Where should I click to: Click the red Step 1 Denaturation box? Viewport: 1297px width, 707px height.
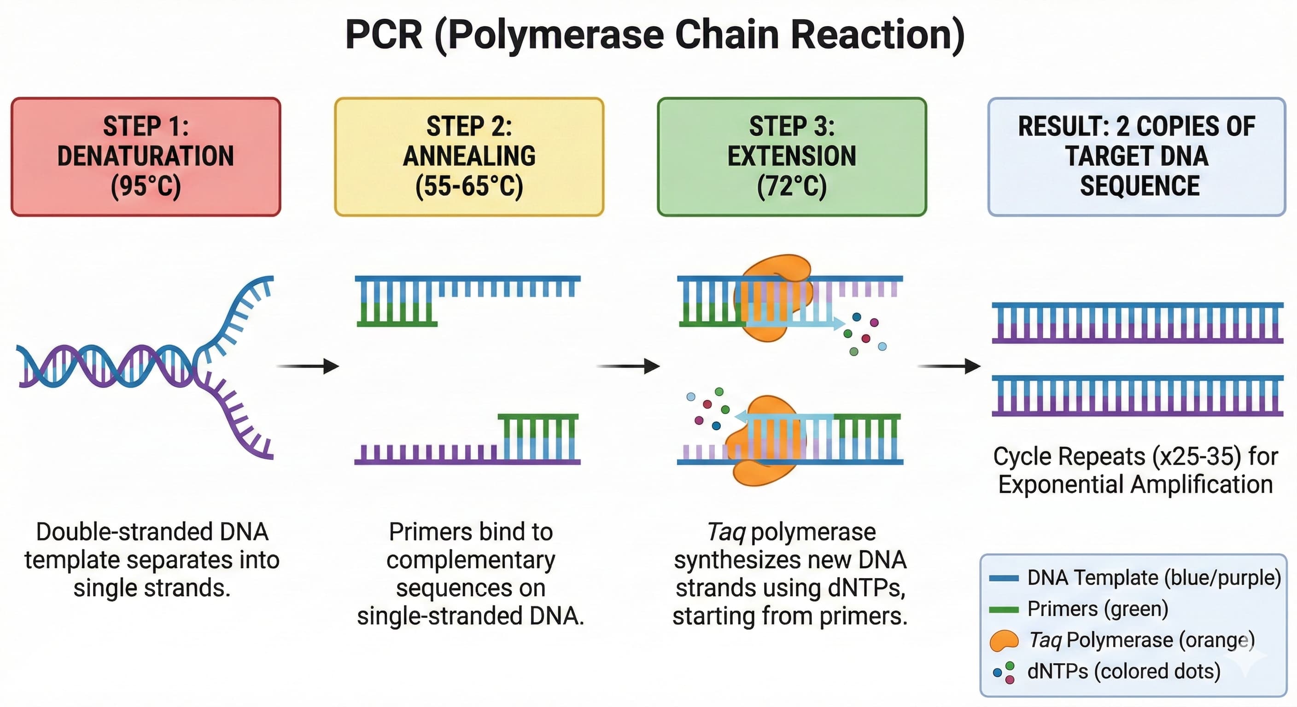coord(146,156)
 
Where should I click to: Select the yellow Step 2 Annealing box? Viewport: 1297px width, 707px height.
coord(469,156)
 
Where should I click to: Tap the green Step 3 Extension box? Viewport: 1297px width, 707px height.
coord(791,156)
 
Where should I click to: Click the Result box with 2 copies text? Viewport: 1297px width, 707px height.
coord(1136,156)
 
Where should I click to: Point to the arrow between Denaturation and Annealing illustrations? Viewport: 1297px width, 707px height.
coord(308,366)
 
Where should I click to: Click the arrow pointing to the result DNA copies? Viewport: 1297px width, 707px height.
coord(949,366)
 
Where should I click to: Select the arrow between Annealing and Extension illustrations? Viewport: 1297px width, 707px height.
coord(628,366)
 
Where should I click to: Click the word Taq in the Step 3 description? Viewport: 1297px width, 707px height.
coord(725,532)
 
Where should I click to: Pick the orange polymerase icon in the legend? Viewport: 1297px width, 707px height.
coord(1004,641)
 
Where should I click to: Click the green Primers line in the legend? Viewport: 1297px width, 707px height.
coord(1004,610)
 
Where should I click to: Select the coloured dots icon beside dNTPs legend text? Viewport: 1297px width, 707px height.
coord(1004,672)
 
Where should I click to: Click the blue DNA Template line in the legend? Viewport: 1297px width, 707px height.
coord(1004,578)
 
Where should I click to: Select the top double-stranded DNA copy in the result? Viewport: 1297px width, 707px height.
coord(1137,323)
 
